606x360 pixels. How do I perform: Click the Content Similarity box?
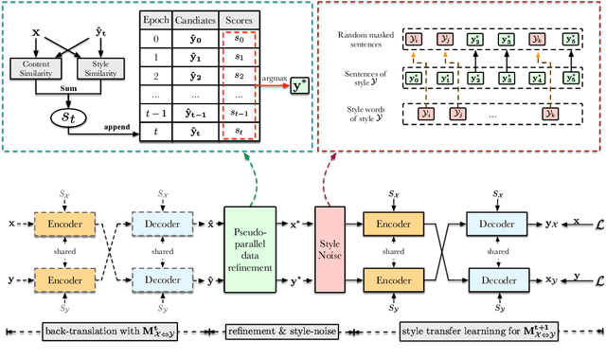(x=36, y=68)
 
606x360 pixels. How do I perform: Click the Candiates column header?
(x=200, y=19)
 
